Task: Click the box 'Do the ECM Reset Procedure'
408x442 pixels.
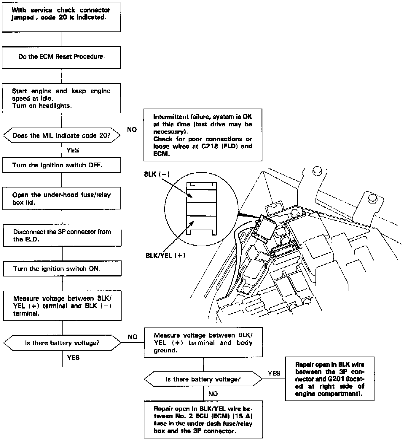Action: (x=61, y=57)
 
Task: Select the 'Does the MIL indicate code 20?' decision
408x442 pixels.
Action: (x=61, y=136)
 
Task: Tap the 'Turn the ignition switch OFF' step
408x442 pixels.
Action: (x=61, y=165)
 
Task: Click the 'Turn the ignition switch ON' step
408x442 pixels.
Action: (x=62, y=269)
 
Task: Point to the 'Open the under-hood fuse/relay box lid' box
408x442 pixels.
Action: (x=61, y=198)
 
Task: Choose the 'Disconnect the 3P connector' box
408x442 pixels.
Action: (x=62, y=235)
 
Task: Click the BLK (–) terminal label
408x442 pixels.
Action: (x=157, y=174)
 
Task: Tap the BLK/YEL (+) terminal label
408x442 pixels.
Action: (x=165, y=255)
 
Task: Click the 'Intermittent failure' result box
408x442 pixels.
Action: (x=203, y=135)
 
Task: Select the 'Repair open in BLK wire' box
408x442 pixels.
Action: (x=330, y=379)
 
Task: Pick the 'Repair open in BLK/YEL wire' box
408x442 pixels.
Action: (x=203, y=419)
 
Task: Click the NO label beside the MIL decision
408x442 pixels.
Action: (x=132, y=129)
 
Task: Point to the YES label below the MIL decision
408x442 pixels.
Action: (x=73, y=150)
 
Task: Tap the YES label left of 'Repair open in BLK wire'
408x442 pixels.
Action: (x=274, y=373)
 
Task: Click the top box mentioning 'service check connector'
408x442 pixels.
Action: (x=61, y=17)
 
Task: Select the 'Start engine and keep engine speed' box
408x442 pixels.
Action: (x=61, y=98)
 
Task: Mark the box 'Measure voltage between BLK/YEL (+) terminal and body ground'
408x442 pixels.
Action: (x=203, y=342)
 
